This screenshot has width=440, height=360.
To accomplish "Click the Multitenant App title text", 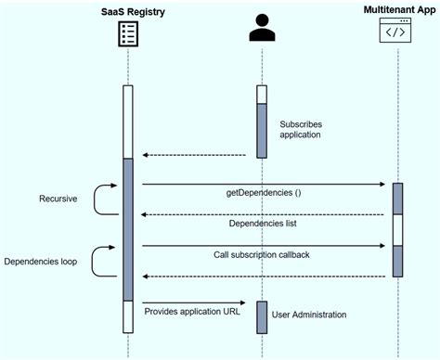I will (x=398, y=10).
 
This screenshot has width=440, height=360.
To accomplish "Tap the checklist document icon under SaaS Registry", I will (x=127, y=34).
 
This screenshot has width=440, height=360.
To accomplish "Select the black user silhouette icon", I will (x=263, y=31).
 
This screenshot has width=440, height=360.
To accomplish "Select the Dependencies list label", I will (x=264, y=224).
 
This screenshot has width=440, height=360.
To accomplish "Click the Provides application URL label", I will (x=192, y=312).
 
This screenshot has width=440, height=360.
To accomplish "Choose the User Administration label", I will (x=309, y=315).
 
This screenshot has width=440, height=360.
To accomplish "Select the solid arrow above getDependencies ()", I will (x=264, y=184).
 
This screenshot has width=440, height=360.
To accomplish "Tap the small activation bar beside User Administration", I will (x=263, y=316).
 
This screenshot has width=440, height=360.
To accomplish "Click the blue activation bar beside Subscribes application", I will (x=263, y=130).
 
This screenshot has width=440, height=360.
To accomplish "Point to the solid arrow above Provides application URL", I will (x=193, y=302).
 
